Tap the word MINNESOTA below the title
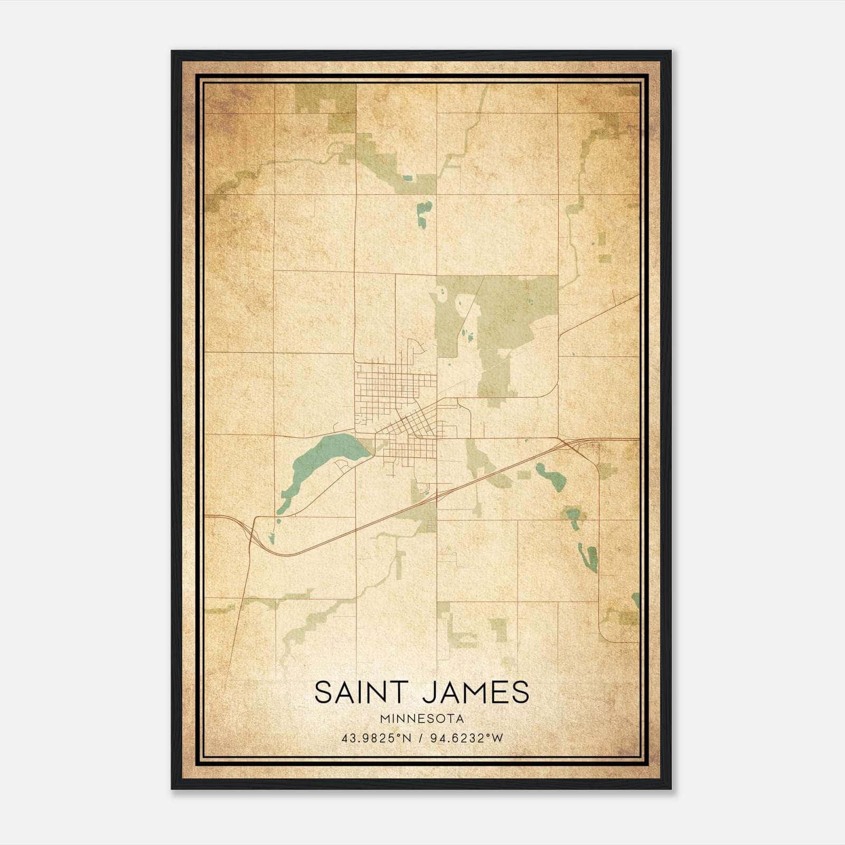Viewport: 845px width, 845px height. pos(421,719)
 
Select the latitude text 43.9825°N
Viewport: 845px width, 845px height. pos(376,738)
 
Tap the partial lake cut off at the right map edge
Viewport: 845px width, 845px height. pos(635,600)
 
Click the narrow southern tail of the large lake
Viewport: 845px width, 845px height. pos(284,502)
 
